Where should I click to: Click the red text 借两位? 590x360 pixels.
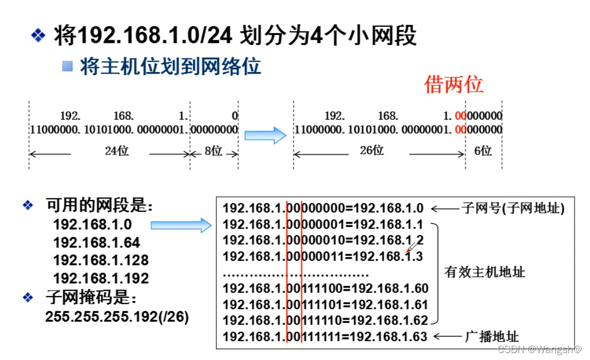(x=454, y=85)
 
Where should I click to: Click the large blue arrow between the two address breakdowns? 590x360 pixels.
(x=266, y=135)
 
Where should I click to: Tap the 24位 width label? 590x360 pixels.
(x=116, y=151)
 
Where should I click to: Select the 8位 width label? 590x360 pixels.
(x=213, y=151)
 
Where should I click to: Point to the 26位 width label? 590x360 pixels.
(x=372, y=150)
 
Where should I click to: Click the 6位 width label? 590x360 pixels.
(x=483, y=151)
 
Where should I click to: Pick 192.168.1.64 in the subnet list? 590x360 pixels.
(x=97, y=242)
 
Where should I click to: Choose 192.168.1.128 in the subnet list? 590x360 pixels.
(x=100, y=260)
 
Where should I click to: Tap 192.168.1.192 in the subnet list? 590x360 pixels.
(x=100, y=278)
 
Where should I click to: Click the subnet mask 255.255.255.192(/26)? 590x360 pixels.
(x=117, y=317)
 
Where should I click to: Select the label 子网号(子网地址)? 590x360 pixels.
(x=513, y=209)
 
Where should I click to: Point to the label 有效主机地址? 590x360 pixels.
(x=484, y=272)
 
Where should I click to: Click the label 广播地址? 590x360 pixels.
(x=491, y=337)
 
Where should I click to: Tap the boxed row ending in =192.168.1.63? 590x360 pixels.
(x=325, y=337)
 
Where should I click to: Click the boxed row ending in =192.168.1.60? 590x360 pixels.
(x=325, y=289)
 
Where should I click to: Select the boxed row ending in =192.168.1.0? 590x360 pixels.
(x=323, y=208)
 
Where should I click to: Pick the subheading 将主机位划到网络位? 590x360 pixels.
(x=170, y=67)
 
